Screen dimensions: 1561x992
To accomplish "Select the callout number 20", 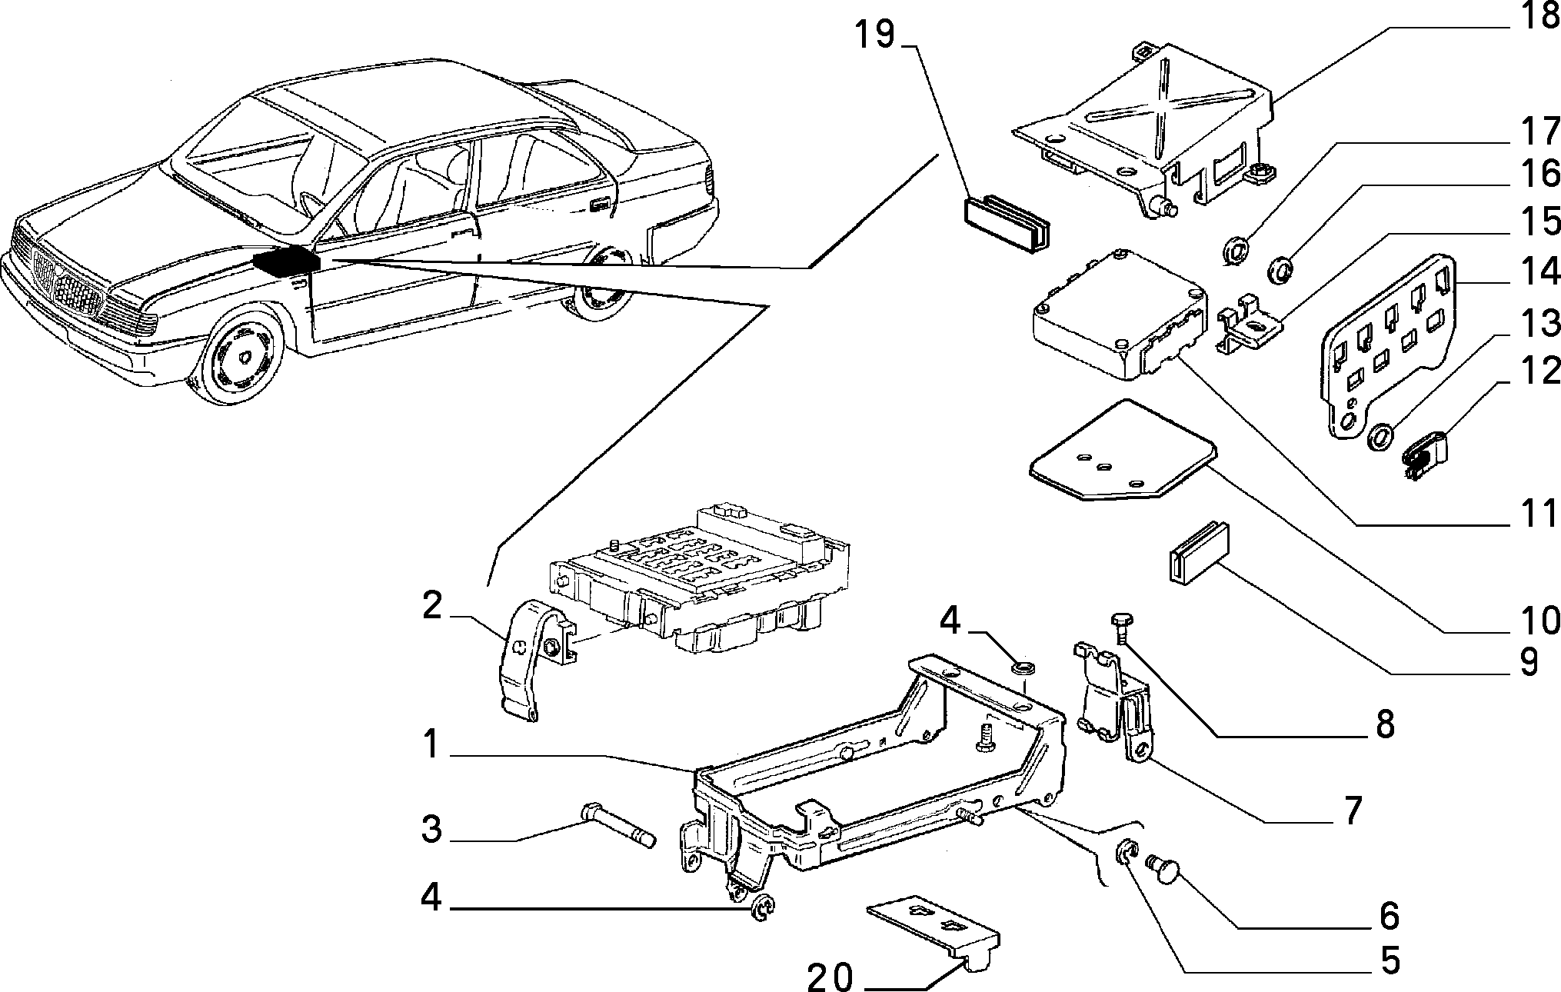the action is [831, 978].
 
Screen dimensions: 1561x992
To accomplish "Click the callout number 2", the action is [432, 608].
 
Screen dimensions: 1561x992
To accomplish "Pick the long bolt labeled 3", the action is [617, 824].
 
